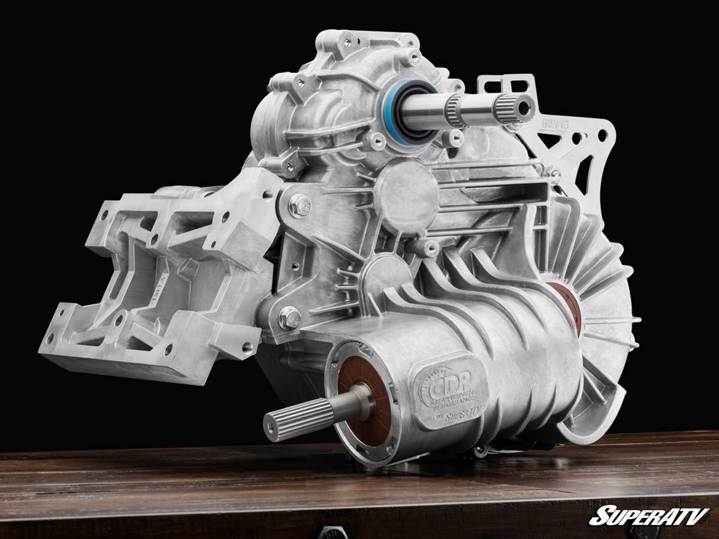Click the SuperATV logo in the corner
coord(649,516)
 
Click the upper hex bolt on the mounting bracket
coord(300,205)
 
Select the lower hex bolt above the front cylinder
coord(290,317)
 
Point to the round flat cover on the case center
coord(407,195)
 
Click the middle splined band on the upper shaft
coord(455,111)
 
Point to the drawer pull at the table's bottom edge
coord(333,532)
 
